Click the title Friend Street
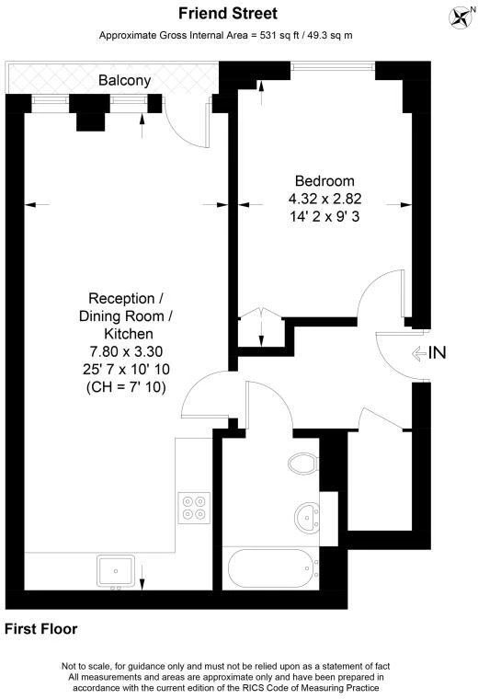tap(228, 14)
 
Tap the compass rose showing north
tap(461, 17)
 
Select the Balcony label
tap(125, 81)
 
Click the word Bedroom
tap(324, 181)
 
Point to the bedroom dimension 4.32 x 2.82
tap(324, 199)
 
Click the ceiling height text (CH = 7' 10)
tap(126, 387)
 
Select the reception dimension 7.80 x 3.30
tap(126, 351)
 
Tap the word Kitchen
tap(129, 334)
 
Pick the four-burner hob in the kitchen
tap(194, 508)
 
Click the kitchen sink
tap(116, 570)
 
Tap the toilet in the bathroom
tap(303, 464)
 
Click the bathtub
tap(272, 568)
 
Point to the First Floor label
tap(41, 629)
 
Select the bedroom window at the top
tap(333, 66)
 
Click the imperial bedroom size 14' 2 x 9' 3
tap(324, 217)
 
